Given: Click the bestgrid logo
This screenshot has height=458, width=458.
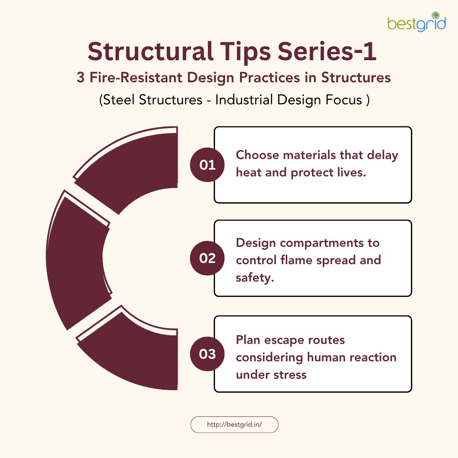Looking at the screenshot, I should (416, 22).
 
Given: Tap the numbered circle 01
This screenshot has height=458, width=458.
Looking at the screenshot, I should (207, 165).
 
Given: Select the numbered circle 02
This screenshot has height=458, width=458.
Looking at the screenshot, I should (207, 258).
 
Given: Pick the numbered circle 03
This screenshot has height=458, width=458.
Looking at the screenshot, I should (207, 354).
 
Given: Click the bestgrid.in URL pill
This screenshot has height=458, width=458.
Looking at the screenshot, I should (234, 424).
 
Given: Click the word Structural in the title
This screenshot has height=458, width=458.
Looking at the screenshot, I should (150, 51).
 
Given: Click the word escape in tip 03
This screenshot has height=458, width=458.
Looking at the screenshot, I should (284, 340).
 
